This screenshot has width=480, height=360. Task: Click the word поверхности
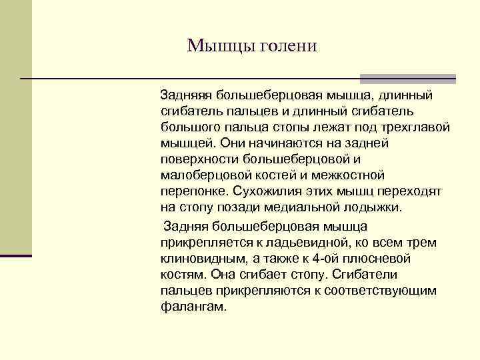tap(198, 159)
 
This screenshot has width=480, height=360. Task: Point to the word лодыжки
tap(378, 207)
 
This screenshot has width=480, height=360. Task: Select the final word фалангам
tap(193, 307)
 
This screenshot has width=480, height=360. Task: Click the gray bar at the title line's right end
tap(440, 78)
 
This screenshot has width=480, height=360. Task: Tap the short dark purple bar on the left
tap(16, 255)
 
